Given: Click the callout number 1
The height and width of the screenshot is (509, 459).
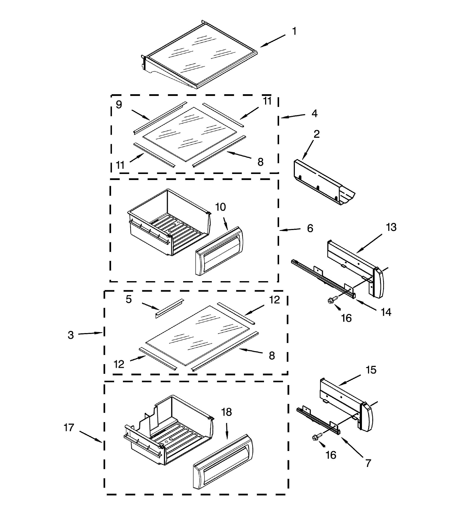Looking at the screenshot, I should click(x=294, y=31).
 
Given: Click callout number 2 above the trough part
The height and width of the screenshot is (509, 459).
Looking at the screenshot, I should click(x=316, y=134).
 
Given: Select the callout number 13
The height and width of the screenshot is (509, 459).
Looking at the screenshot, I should click(x=391, y=227).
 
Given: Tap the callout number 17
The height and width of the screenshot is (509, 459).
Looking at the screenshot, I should click(x=69, y=428).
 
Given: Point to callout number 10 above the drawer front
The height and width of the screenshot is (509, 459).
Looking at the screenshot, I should click(x=220, y=207).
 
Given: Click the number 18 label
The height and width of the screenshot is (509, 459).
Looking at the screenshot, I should click(x=226, y=412).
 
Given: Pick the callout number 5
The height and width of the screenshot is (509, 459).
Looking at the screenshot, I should click(x=129, y=299).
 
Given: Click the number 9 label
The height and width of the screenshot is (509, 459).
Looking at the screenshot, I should click(x=119, y=104).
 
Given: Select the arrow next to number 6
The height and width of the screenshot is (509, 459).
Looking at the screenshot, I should click(x=290, y=229).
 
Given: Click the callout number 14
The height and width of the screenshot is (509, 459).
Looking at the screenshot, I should click(x=386, y=312).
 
